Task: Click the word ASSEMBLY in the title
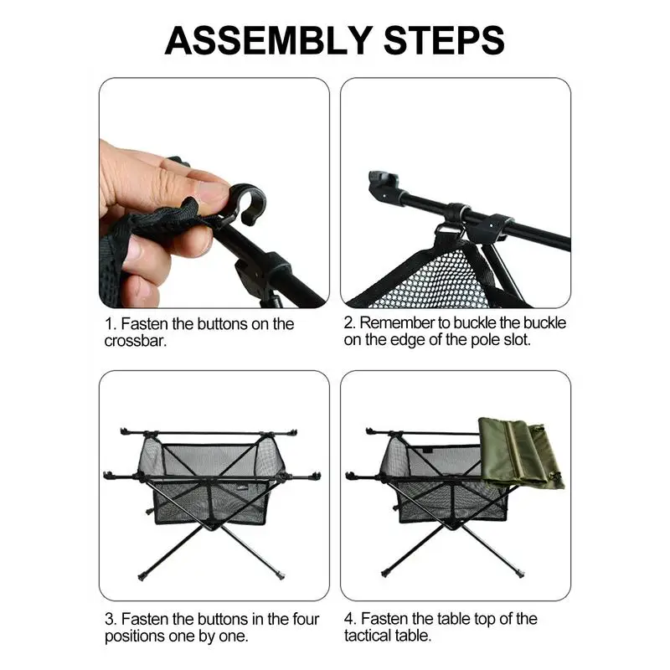coord(269,40)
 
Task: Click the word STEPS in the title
coord(445,40)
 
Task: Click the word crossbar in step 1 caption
coord(135,341)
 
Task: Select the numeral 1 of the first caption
coord(109,324)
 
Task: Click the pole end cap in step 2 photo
coord(382,183)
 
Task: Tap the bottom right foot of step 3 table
coord(280,575)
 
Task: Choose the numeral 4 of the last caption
coord(349,619)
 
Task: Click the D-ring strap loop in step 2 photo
coord(450,233)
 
